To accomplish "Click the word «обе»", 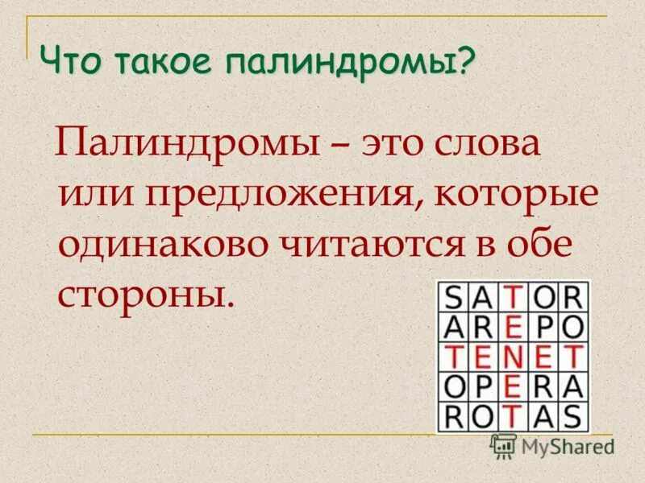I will point(539,242).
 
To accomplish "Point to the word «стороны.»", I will point(145,292).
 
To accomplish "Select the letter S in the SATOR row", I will point(456,297).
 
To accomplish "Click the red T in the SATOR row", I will point(514,297).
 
